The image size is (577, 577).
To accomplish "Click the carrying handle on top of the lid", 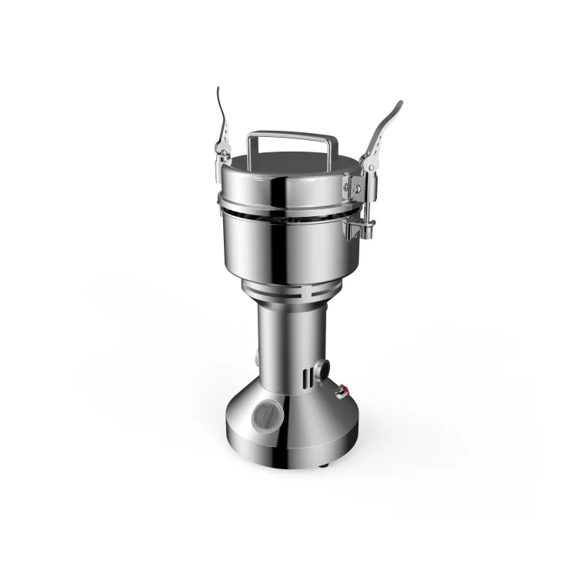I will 291,136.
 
